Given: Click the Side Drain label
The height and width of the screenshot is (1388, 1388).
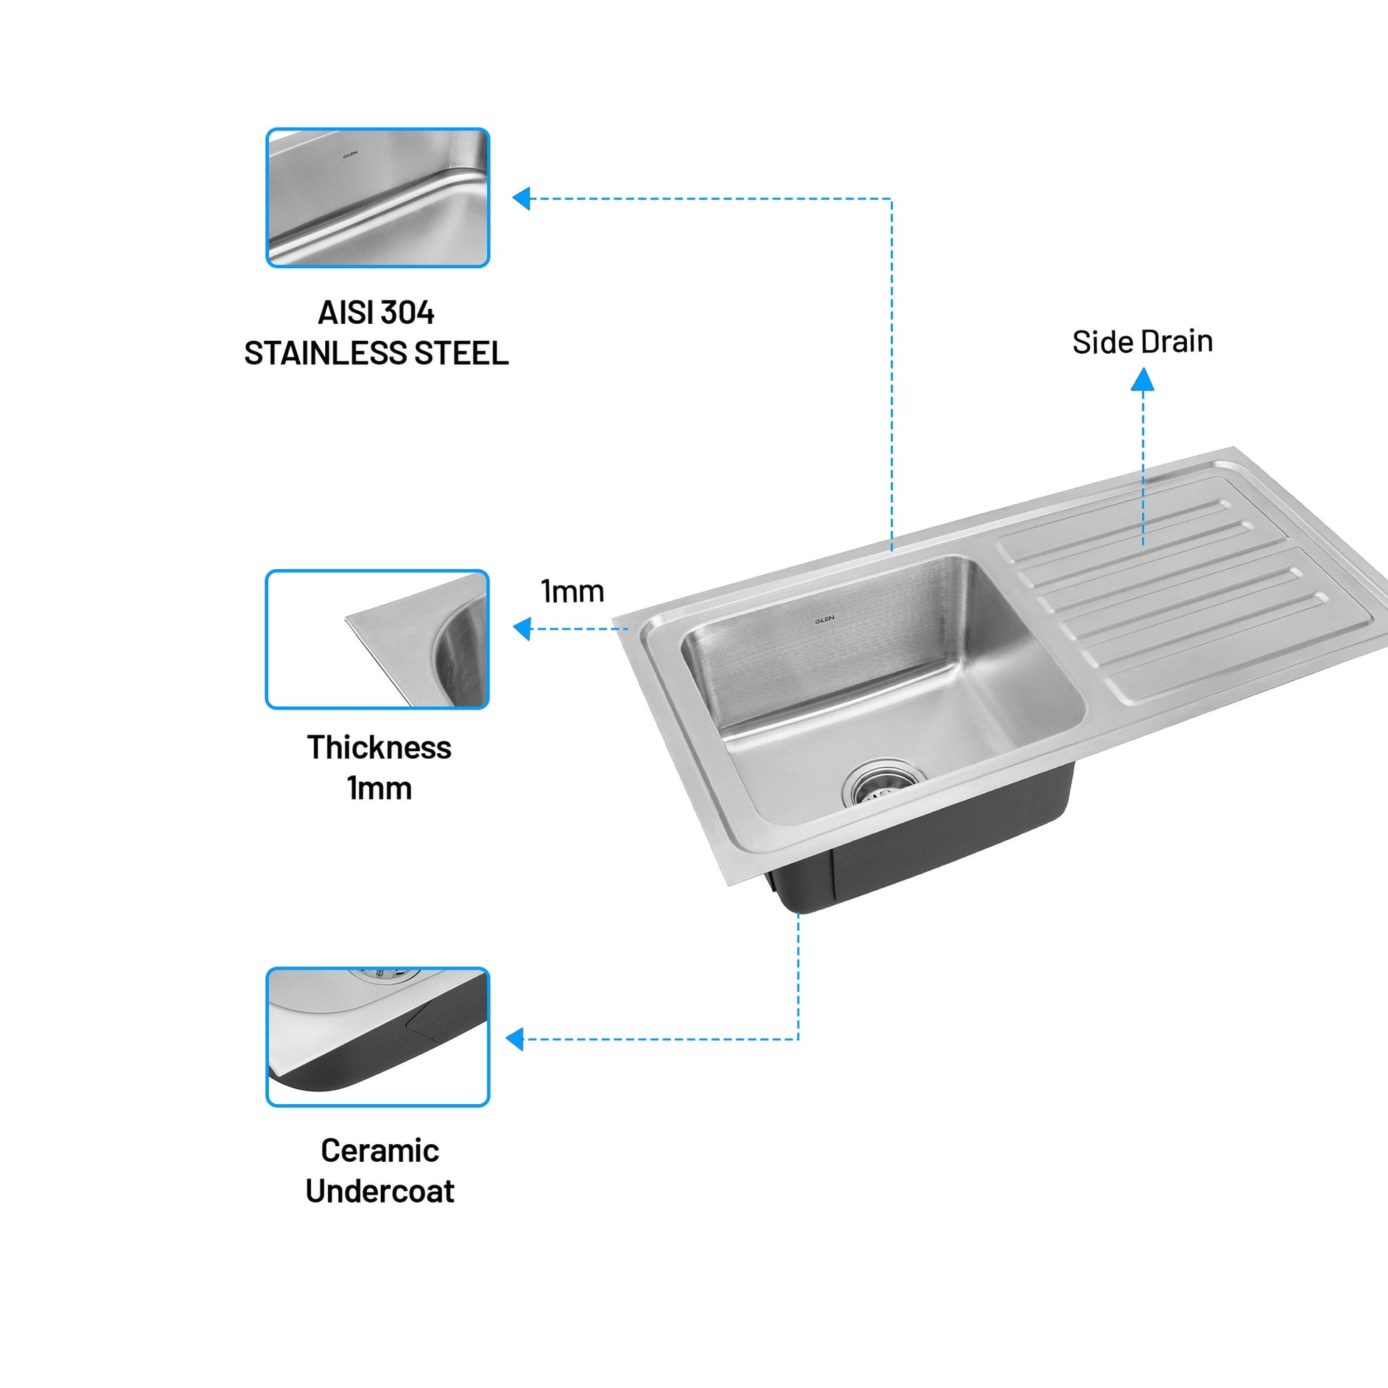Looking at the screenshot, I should click(1143, 342).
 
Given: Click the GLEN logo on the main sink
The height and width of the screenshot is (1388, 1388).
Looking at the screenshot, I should click(824, 620).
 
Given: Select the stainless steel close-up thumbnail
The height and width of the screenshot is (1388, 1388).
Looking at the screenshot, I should click(378, 198).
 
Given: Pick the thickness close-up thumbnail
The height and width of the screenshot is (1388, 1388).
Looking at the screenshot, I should click(378, 639).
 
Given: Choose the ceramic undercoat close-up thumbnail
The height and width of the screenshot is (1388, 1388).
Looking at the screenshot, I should click(378, 1036).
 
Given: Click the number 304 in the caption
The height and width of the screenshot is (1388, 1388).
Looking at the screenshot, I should click(407, 312).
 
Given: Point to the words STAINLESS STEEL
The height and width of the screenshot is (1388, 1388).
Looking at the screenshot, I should click(377, 354).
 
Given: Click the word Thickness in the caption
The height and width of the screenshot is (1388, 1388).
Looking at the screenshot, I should click(379, 747).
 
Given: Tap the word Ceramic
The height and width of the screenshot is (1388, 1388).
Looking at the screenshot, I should click(379, 1150).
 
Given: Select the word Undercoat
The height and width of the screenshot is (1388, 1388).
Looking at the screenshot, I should click(379, 1191).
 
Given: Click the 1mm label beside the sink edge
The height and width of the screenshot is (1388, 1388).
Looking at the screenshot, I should click(573, 591).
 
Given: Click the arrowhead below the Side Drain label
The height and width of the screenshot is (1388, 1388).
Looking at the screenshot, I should click(1143, 380).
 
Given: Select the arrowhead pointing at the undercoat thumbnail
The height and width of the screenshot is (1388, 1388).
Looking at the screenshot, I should click(515, 1039).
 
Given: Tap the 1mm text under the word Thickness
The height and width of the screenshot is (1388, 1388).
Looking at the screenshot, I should click(379, 788).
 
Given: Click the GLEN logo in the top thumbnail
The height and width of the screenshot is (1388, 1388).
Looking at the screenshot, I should click(350, 154).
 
